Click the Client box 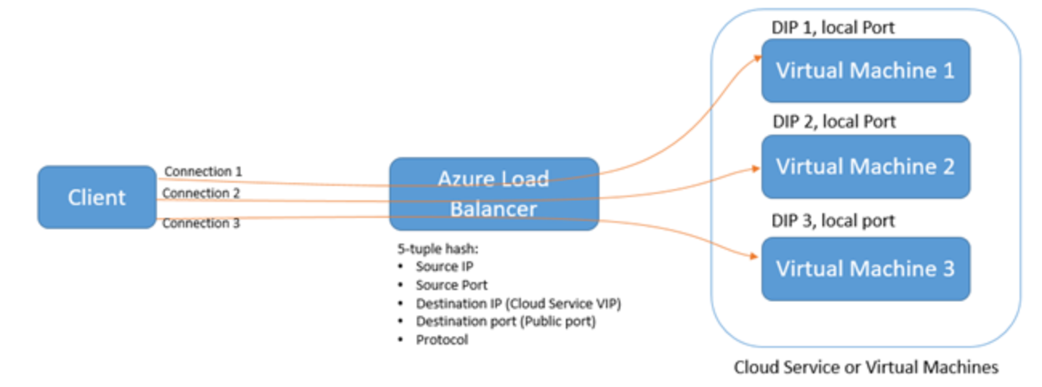click(96, 197)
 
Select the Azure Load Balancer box click(494, 194)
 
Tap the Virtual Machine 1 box click(865, 71)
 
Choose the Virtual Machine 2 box click(865, 167)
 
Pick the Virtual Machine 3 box click(865, 268)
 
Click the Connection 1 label click(203, 171)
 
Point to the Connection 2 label click(201, 193)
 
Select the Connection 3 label click(201, 224)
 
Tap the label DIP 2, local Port click(834, 122)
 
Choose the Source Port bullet click(451, 285)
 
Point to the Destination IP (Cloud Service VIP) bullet click(519, 304)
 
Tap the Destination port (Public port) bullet click(506, 321)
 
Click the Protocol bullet click(442, 340)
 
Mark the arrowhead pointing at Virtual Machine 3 click(755, 256)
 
